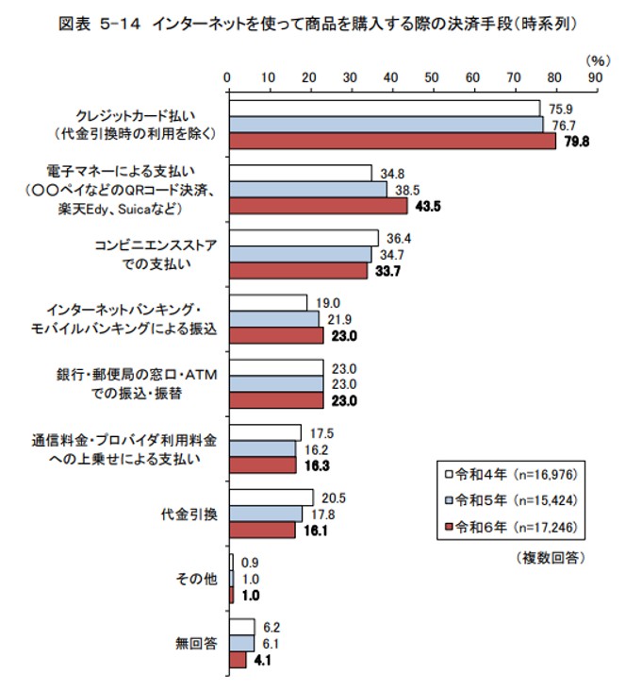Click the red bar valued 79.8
392,142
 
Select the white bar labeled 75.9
385,108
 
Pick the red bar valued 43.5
319,206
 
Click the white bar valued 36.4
304,238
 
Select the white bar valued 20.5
271,498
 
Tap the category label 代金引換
190,515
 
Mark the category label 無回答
198,644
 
